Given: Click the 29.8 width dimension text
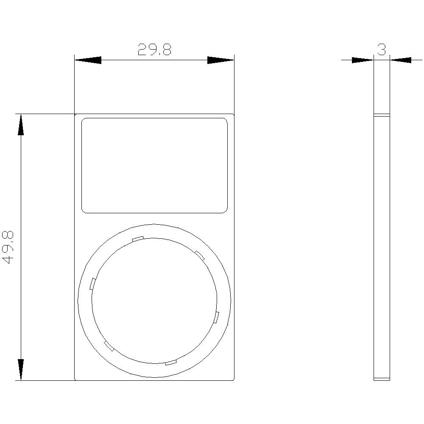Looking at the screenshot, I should point(154,50).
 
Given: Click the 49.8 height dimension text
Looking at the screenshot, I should point(9,248).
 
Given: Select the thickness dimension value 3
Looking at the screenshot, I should point(382,50).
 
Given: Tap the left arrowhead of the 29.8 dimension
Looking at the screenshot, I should point(88,60).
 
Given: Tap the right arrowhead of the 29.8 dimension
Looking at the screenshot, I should point(220,60).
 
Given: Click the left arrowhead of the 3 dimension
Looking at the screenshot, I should point(363,60).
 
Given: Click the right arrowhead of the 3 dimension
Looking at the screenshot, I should point(401,60).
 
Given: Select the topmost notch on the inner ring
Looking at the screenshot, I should point(138,239).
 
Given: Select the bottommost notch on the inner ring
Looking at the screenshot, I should point(170,363).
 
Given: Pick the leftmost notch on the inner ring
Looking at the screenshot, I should point(92,284).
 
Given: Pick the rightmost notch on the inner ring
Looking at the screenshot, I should point(217,318).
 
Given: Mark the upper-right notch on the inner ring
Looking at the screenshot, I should point(200,255).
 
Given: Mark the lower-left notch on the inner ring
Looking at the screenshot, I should point(109,346).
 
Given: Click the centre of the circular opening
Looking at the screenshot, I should point(154,301).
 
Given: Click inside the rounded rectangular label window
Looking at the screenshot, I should point(154,165).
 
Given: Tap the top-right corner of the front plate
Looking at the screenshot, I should point(234,114).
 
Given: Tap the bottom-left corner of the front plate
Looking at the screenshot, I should point(75,380).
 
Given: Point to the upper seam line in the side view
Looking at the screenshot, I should point(382,115).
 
